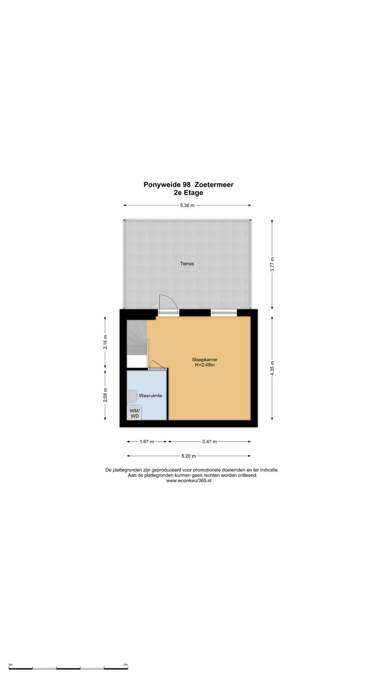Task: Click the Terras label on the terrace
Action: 187,263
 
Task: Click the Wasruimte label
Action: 150,396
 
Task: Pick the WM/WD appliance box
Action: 134,413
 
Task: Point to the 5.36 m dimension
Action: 187,205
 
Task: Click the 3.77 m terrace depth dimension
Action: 272,264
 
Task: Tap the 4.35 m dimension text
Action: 272,368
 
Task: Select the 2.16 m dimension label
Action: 105,342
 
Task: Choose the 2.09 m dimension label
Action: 105,395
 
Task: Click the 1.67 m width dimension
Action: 147,442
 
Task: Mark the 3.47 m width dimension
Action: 209,442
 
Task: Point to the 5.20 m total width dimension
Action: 189,456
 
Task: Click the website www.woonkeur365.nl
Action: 189,481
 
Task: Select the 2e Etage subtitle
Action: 188,193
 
